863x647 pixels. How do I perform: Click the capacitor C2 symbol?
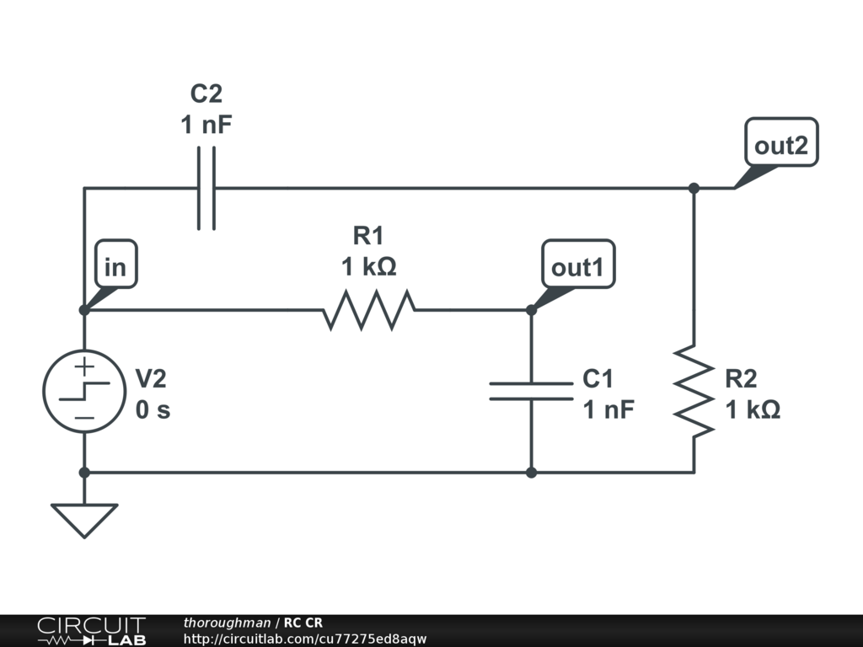pyautogui.click(x=206, y=188)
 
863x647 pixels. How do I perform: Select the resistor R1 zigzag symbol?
pyautogui.click(x=369, y=310)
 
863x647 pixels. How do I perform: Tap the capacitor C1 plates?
pyautogui.click(x=531, y=391)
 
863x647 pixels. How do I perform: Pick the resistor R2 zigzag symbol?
pyautogui.click(x=694, y=390)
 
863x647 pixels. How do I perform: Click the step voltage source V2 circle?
pyautogui.click(x=84, y=392)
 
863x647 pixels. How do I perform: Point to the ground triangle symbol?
pyautogui.click(x=84, y=518)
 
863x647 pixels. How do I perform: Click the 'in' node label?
pyautogui.click(x=115, y=268)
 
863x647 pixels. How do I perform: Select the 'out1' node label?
pyautogui.click(x=577, y=268)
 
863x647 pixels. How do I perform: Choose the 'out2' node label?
pyautogui.click(x=780, y=145)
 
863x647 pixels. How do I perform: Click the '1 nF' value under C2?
pyautogui.click(x=206, y=125)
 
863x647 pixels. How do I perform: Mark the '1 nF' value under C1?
pyautogui.click(x=608, y=409)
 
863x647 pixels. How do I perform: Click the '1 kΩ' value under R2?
pyautogui.click(x=753, y=409)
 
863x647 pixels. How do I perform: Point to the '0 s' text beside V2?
pyautogui.click(x=153, y=410)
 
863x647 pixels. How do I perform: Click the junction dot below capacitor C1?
pyautogui.click(x=531, y=473)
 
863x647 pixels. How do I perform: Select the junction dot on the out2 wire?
pyautogui.click(x=694, y=188)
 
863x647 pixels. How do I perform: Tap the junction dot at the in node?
pyautogui.click(x=84, y=310)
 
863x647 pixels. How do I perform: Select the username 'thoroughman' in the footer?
pyautogui.click(x=227, y=623)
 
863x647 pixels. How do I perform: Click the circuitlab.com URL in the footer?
pyautogui.click(x=305, y=639)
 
